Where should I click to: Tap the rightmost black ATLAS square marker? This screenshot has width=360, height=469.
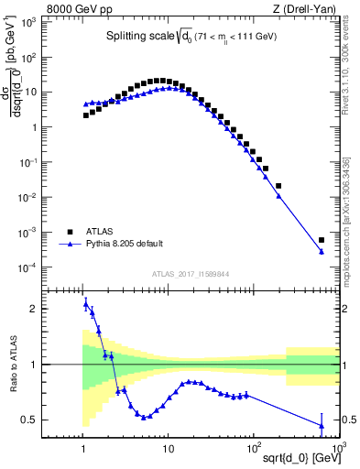point(322,240)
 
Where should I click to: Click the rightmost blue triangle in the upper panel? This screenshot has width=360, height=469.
point(322,252)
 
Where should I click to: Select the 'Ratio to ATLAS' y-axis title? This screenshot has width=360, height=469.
point(12,365)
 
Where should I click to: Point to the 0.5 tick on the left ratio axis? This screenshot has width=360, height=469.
point(45,420)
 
